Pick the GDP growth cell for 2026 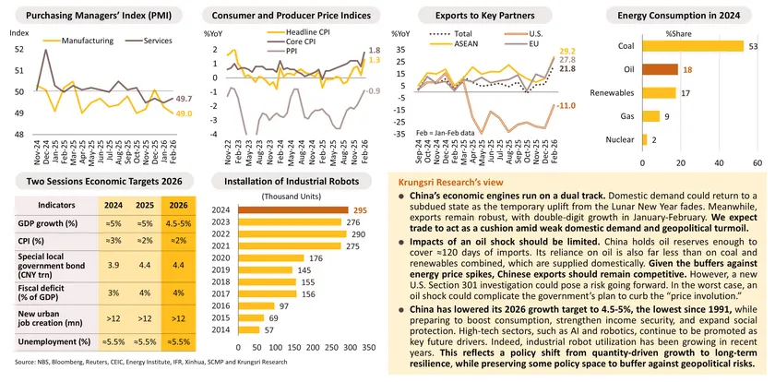(180, 223)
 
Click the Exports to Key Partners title (477, 16)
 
